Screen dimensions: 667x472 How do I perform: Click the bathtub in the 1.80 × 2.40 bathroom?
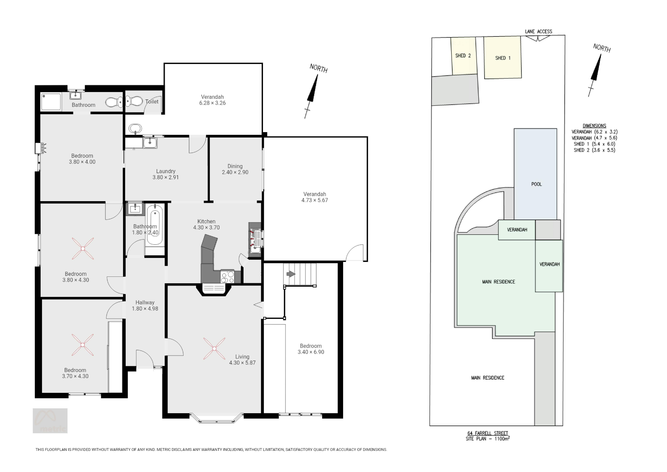(155, 225)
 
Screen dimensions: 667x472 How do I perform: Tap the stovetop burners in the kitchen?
(227, 277)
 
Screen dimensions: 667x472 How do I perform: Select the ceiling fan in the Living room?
(214, 348)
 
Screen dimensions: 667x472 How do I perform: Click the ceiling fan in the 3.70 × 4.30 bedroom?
(83, 345)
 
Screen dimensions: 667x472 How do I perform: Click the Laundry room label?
(166, 171)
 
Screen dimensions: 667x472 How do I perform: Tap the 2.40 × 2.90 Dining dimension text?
(235, 172)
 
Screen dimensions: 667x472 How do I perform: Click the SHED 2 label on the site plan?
(463, 56)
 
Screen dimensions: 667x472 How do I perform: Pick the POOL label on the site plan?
(536, 184)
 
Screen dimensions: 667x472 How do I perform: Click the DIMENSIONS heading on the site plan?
(594, 126)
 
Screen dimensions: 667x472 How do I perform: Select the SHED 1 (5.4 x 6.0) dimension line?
(594, 144)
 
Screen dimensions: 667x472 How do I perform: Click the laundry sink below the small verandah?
(150, 143)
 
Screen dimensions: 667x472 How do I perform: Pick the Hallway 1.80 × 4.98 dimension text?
(145, 309)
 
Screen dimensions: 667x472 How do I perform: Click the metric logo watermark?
(50, 421)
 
